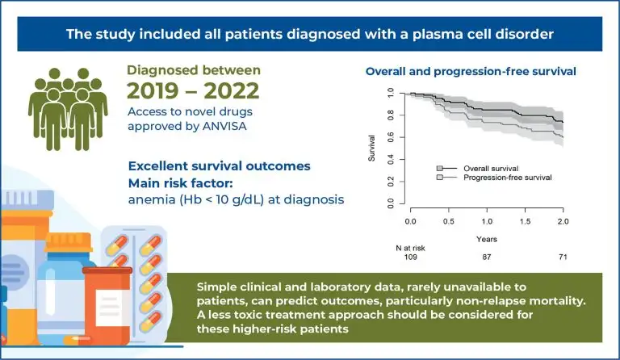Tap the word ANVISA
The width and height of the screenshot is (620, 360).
[220, 127]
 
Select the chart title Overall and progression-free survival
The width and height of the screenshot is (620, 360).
[471, 72]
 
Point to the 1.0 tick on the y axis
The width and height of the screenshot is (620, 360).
[391, 93]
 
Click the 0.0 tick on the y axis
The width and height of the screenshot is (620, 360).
[391, 202]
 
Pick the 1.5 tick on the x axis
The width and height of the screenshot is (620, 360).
[525, 220]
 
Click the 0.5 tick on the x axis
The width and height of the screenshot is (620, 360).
[448, 220]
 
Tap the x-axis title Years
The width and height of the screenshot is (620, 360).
[486, 240]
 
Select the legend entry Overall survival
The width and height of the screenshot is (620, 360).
[492, 168]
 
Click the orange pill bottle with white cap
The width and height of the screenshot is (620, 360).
[107, 302]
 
